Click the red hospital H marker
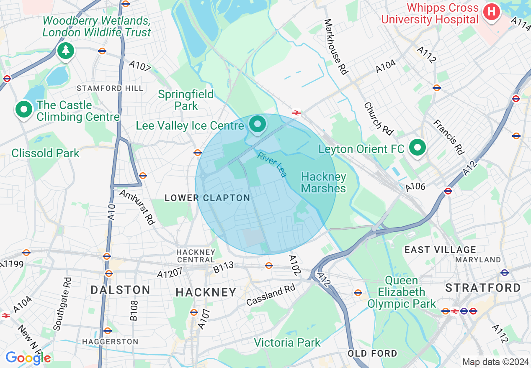point(492,11)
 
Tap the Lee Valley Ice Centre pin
point(258,124)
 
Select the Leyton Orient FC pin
point(417,147)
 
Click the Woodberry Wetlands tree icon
point(65,51)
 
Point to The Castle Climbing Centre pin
point(24,110)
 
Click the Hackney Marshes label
point(323,182)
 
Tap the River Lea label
point(272,165)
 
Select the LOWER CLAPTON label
point(207,198)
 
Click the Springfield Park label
point(186,100)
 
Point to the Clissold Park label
point(45,153)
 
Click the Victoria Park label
point(287,343)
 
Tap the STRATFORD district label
point(483,288)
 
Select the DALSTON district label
point(120,290)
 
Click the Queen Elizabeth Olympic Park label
point(401,292)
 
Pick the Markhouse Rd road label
point(336,47)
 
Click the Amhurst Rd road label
point(137,207)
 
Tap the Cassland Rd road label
point(271,295)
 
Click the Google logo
point(28,358)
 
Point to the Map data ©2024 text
point(495,362)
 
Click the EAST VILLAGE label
point(440,250)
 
